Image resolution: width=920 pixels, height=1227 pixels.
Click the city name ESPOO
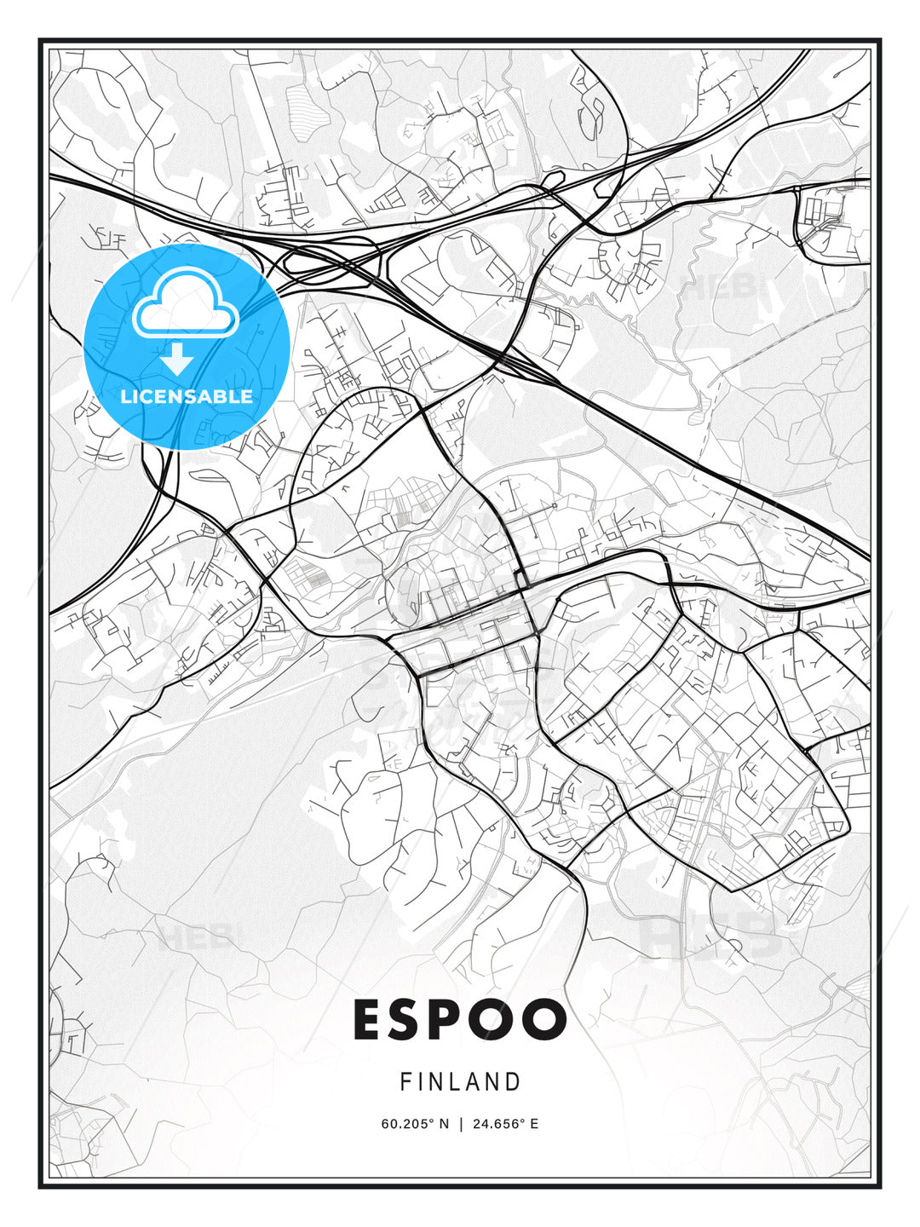pyautogui.click(x=460, y=1019)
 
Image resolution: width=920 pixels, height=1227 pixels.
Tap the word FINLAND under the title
pyautogui.click(x=460, y=1082)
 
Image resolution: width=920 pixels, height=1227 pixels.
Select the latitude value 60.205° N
pyautogui.click(x=415, y=1124)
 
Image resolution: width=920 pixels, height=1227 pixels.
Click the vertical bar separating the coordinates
pyautogui.click(x=461, y=1124)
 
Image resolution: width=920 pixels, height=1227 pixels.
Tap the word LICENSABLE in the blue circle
pyautogui.click(x=187, y=396)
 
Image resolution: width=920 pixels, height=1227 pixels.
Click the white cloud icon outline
pyautogui.click(x=185, y=303)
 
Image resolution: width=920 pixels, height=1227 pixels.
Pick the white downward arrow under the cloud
pyautogui.click(x=177, y=360)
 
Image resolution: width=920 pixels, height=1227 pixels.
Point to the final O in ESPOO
pyautogui.click(x=545, y=1019)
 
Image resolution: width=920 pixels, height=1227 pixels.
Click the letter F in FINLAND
pyautogui.click(x=405, y=1082)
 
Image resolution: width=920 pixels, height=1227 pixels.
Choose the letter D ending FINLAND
pyautogui.click(x=513, y=1082)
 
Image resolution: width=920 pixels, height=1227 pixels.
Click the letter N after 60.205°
pyautogui.click(x=444, y=1124)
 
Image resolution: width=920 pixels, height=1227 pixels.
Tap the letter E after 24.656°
pyautogui.click(x=534, y=1124)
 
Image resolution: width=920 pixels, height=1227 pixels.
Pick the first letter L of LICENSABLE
pyautogui.click(x=125, y=396)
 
